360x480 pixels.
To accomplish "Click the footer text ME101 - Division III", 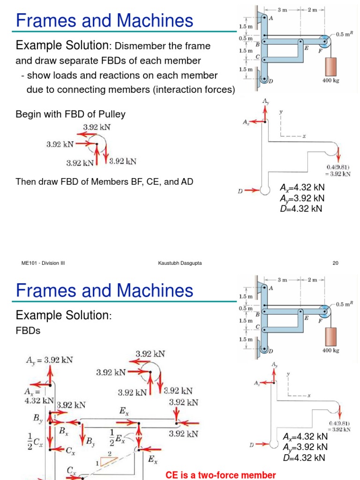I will [43, 263].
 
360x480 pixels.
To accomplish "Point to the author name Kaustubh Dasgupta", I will [180, 263].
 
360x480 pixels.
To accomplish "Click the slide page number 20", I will [335, 263].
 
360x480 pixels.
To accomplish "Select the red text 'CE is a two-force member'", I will [221, 475].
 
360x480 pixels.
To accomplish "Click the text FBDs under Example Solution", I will [28, 331].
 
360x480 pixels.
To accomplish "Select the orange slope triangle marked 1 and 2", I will [106, 461].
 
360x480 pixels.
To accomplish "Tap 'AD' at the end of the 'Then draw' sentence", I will [187, 181].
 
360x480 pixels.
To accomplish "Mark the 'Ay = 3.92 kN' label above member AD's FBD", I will [49, 361].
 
